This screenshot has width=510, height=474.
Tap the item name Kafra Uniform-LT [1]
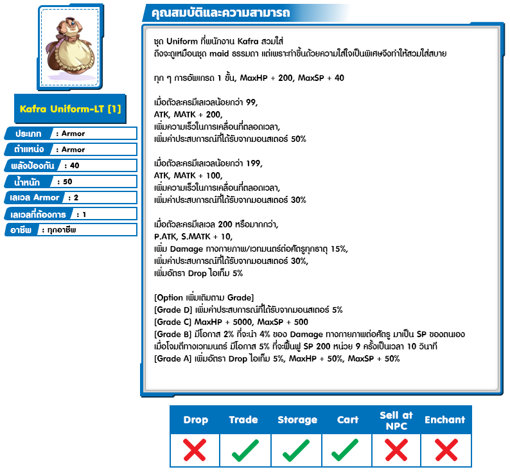[x=69, y=109]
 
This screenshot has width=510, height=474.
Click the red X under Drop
[x=195, y=450]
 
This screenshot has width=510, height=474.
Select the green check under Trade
[x=244, y=450]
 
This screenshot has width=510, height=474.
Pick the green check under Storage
[x=297, y=450]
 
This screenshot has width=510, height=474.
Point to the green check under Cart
[x=347, y=450]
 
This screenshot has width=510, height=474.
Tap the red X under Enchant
[x=444, y=450]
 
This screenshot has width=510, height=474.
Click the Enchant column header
[x=444, y=420]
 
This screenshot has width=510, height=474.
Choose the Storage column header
[x=297, y=420]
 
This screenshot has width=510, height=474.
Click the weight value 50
[x=67, y=182]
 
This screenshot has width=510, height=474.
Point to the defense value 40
[x=75, y=166]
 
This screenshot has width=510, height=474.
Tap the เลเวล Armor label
[x=35, y=198]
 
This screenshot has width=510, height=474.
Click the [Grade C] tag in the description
[x=173, y=322]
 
